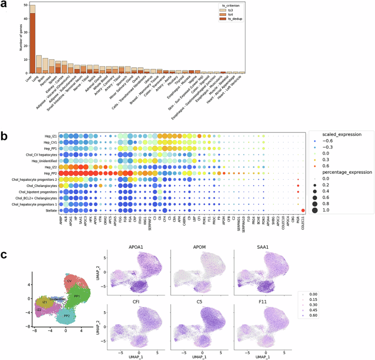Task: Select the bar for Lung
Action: (39, 64)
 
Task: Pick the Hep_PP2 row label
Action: (47, 173)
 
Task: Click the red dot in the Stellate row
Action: (303, 210)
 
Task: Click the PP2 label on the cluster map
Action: (67, 316)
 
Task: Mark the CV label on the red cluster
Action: (70, 281)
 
